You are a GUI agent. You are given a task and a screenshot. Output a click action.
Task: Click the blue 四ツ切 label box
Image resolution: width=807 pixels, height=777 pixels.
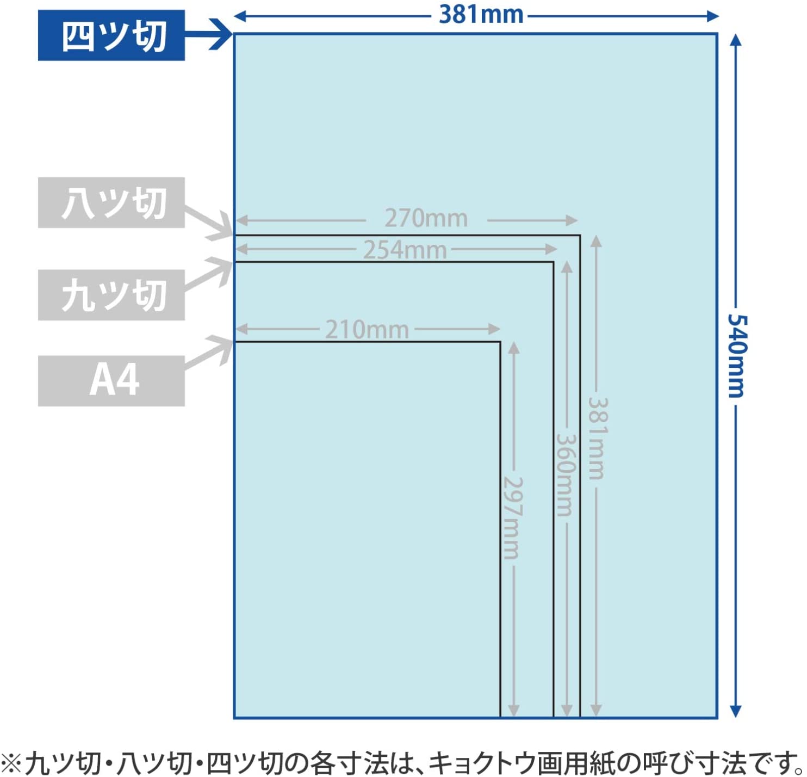(x=111, y=35)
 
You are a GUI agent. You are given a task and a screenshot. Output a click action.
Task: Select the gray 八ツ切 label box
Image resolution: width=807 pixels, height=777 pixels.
(x=111, y=203)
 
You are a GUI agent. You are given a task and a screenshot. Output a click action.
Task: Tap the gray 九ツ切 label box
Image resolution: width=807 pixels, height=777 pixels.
(x=111, y=295)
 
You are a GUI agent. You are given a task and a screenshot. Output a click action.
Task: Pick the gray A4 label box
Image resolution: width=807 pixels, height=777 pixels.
(x=111, y=381)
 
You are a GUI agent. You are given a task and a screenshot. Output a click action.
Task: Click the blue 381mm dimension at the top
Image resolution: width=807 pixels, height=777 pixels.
(x=481, y=15)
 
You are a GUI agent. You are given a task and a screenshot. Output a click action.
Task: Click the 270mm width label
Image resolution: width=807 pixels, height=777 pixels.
(x=426, y=219)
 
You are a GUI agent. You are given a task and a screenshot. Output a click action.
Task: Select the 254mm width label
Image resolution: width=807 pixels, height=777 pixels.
(x=405, y=250)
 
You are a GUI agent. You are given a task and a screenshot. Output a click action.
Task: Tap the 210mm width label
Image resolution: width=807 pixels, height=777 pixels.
(x=367, y=330)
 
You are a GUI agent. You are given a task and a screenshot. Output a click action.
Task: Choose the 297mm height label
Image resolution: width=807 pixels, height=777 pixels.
(x=513, y=518)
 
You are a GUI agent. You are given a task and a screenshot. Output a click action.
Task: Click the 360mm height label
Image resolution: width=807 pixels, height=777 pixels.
(x=566, y=475)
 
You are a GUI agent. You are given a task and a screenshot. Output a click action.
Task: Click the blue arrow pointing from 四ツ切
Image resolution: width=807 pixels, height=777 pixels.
(x=209, y=34)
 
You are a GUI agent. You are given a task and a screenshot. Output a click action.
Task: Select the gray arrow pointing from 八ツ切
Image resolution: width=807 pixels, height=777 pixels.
(x=209, y=223)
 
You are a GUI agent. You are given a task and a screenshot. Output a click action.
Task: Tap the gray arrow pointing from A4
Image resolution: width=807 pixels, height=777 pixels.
(x=209, y=352)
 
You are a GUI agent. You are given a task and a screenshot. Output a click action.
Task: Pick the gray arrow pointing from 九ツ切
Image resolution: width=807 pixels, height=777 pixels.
(x=209, y=273)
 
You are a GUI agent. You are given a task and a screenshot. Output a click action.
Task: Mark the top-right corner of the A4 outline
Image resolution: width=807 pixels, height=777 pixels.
(x=500, y=342)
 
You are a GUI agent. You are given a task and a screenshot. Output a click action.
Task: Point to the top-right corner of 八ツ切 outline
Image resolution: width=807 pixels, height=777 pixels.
(x=580, y=235)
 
